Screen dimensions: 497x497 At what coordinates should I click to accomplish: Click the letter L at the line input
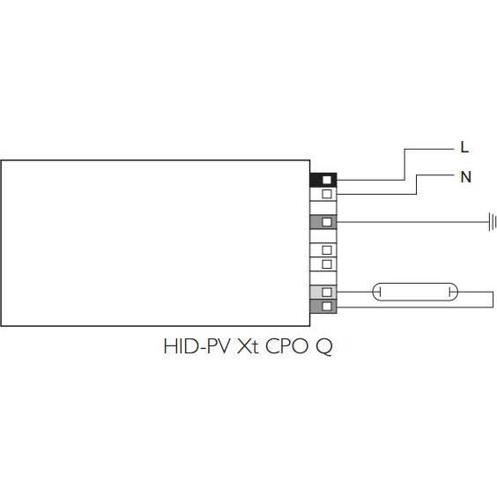point(464,147)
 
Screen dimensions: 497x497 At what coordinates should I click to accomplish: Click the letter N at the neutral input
point(465,177)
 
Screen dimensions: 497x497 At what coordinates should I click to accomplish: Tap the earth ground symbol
point(493,222)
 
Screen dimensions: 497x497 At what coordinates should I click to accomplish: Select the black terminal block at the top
point(323,180)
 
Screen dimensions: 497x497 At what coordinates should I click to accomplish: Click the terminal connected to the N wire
point(323,194)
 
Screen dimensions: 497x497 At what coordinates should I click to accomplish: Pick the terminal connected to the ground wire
point(323,222)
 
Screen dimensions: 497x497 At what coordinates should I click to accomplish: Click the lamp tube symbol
point(415,292)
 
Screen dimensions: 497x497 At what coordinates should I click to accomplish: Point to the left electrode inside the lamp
point(380,292)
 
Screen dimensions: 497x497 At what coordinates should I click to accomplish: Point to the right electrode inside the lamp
point(450,292)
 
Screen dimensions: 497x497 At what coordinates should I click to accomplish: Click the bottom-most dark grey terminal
point(323,306)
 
